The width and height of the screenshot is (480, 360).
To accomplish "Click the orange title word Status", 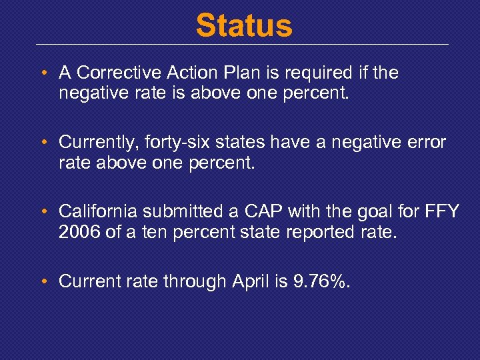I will coord(243,26).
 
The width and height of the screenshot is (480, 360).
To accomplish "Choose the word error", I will coord(427,142).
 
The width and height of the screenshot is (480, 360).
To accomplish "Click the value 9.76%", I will coord(321,281).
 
